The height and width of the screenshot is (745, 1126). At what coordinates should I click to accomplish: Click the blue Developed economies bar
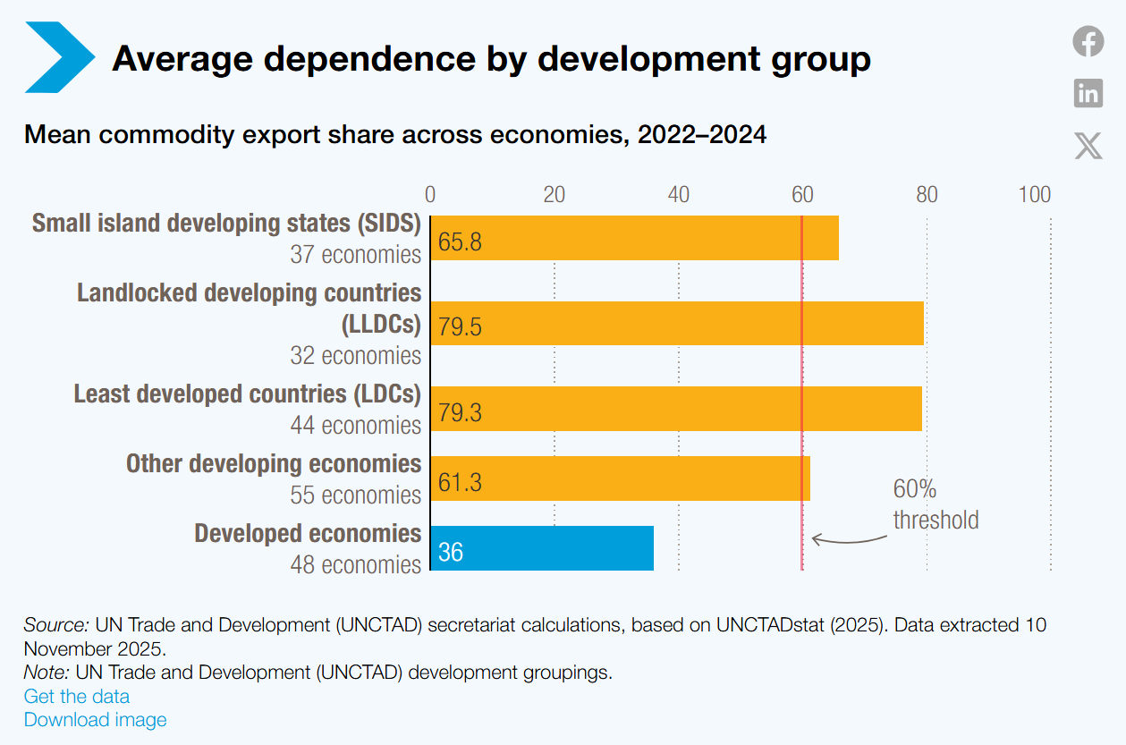[542, 548]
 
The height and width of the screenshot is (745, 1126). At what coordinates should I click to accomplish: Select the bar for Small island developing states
[634, 238]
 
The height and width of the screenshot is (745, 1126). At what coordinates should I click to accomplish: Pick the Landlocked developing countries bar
[677, 323]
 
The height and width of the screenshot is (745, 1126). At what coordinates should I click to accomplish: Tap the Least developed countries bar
[676, 409]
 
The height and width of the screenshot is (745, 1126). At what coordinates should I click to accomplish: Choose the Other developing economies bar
[621, 478]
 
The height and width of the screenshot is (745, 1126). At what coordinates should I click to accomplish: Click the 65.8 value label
[460, 241]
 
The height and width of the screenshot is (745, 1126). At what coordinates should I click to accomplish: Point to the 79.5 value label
[460, 326]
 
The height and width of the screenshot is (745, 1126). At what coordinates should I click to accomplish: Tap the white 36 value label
[451, 552]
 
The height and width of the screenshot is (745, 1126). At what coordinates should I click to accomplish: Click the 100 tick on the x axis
[1035, 195]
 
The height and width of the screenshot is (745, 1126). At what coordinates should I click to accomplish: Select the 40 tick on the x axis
[679, 195]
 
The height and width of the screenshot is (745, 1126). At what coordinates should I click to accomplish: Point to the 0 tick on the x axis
[430, 195]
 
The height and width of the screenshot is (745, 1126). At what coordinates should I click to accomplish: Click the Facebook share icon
[1088, 41]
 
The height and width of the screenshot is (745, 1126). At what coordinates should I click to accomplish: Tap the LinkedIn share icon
[1088, 93]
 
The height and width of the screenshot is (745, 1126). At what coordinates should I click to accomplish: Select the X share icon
[1088, 146]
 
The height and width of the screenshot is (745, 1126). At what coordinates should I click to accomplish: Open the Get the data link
[77, 696]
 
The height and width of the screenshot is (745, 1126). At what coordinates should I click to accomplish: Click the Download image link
[96, 720]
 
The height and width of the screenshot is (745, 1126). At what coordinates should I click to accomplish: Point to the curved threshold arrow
[849, 540]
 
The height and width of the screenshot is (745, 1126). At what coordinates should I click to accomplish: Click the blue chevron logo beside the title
[60, 57]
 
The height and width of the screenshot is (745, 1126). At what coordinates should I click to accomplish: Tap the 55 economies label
[355, 495]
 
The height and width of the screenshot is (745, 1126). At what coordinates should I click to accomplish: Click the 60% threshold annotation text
[936, 504]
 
